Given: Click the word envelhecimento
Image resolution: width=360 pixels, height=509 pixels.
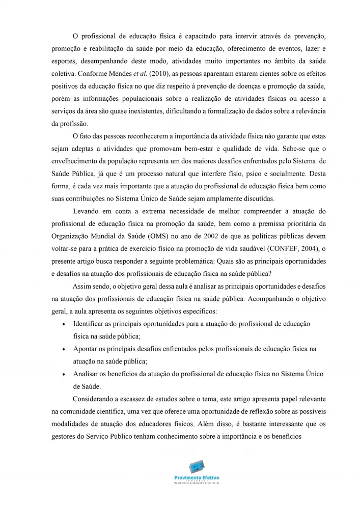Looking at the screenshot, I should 74,160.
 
